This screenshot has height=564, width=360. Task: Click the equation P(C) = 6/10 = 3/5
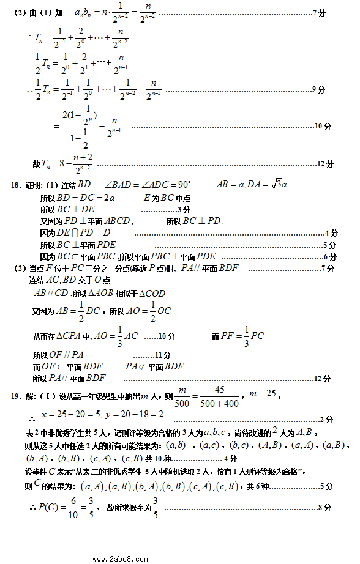tap(67, 507)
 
